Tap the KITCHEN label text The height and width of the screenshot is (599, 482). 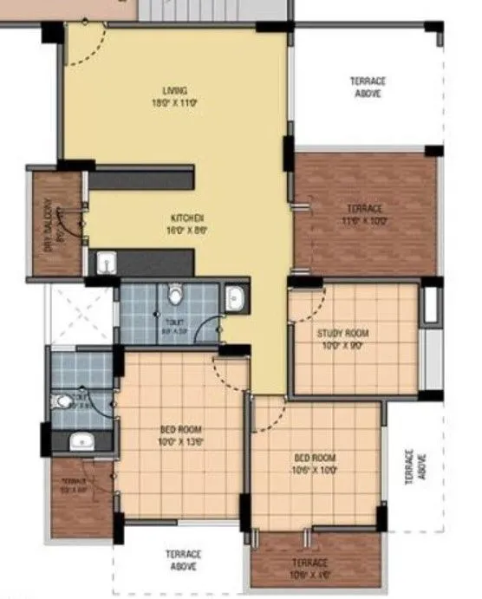[x=186, y=218]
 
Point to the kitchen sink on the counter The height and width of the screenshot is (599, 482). [x=107, y=263]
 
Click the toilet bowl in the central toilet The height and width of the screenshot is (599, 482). [x=176, y=296]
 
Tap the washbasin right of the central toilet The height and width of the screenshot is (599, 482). [x=235, y=299]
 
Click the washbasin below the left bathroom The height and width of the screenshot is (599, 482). [x=81, y=440]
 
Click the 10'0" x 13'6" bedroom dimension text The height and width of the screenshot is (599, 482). [x=180, y=441]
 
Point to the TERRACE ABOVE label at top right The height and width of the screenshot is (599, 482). [x=367, y=87]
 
